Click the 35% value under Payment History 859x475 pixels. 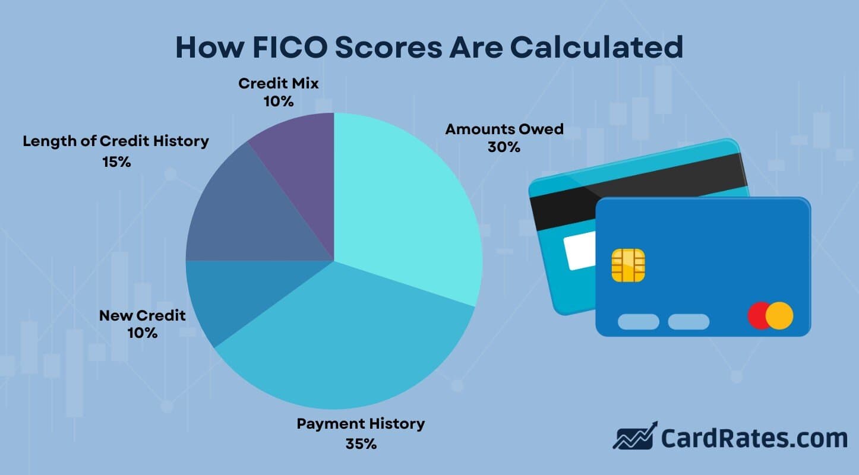pos(361,444)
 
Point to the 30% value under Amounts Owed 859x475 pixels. pos(504,147)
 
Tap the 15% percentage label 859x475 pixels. pos(116,161)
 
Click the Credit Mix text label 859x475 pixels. pos(279,84)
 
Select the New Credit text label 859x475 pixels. pos(143,315)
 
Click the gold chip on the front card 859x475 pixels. pos(628,265)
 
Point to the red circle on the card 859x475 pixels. pos(759,315)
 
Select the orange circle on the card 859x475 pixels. pos(779,315)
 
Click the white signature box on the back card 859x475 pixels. pos(581,250)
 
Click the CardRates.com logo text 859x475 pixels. pos(754,438)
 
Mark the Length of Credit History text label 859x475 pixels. pos(116,141)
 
